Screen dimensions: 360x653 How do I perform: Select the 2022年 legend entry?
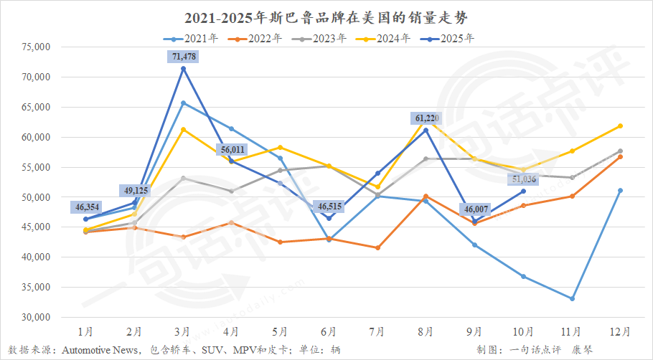point(260,38)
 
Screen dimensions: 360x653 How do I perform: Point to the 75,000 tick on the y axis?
point(32,47)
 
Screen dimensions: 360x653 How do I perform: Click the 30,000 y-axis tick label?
point(32,317)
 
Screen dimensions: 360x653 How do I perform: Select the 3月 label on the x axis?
point(183,331)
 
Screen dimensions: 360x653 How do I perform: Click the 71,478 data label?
point(182,56)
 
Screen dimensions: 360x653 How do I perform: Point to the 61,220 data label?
point(426,118)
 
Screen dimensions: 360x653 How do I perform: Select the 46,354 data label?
point(85,207)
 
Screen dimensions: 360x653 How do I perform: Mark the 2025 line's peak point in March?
point(183,69)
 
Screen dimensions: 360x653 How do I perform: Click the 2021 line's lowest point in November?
point(572,298)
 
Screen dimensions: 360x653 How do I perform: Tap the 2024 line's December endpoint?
point(620,126)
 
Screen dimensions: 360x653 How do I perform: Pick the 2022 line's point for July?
point(377,247)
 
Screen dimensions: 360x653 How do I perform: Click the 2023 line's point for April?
point(231,191)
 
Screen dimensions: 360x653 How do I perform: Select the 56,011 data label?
point(232,149)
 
